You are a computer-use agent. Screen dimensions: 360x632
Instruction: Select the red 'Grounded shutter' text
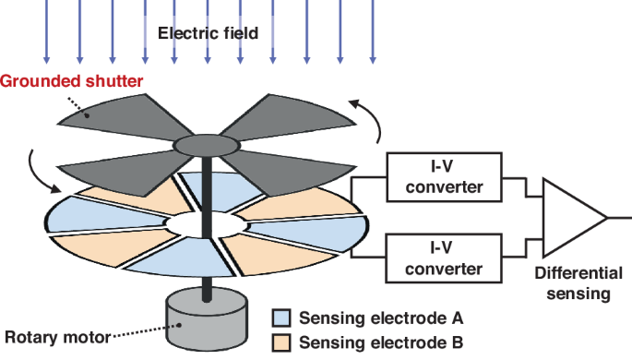(x=71, y=81)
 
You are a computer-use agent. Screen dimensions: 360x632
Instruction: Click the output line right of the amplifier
(x=619, y=218)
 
